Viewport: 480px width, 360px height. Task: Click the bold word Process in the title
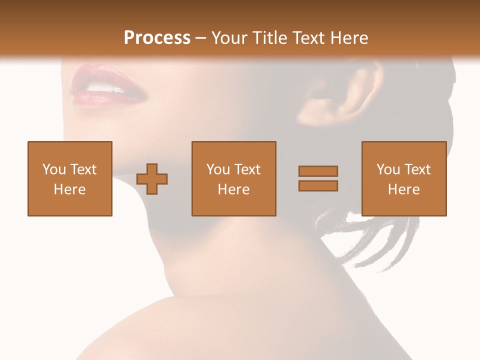[157, 38]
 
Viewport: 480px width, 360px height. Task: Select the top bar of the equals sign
[318, 171]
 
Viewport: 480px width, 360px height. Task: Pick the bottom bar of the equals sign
[318, 185]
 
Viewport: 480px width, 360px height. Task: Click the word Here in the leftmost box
[69, 189]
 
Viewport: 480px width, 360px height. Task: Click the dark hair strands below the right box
[370, 240]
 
